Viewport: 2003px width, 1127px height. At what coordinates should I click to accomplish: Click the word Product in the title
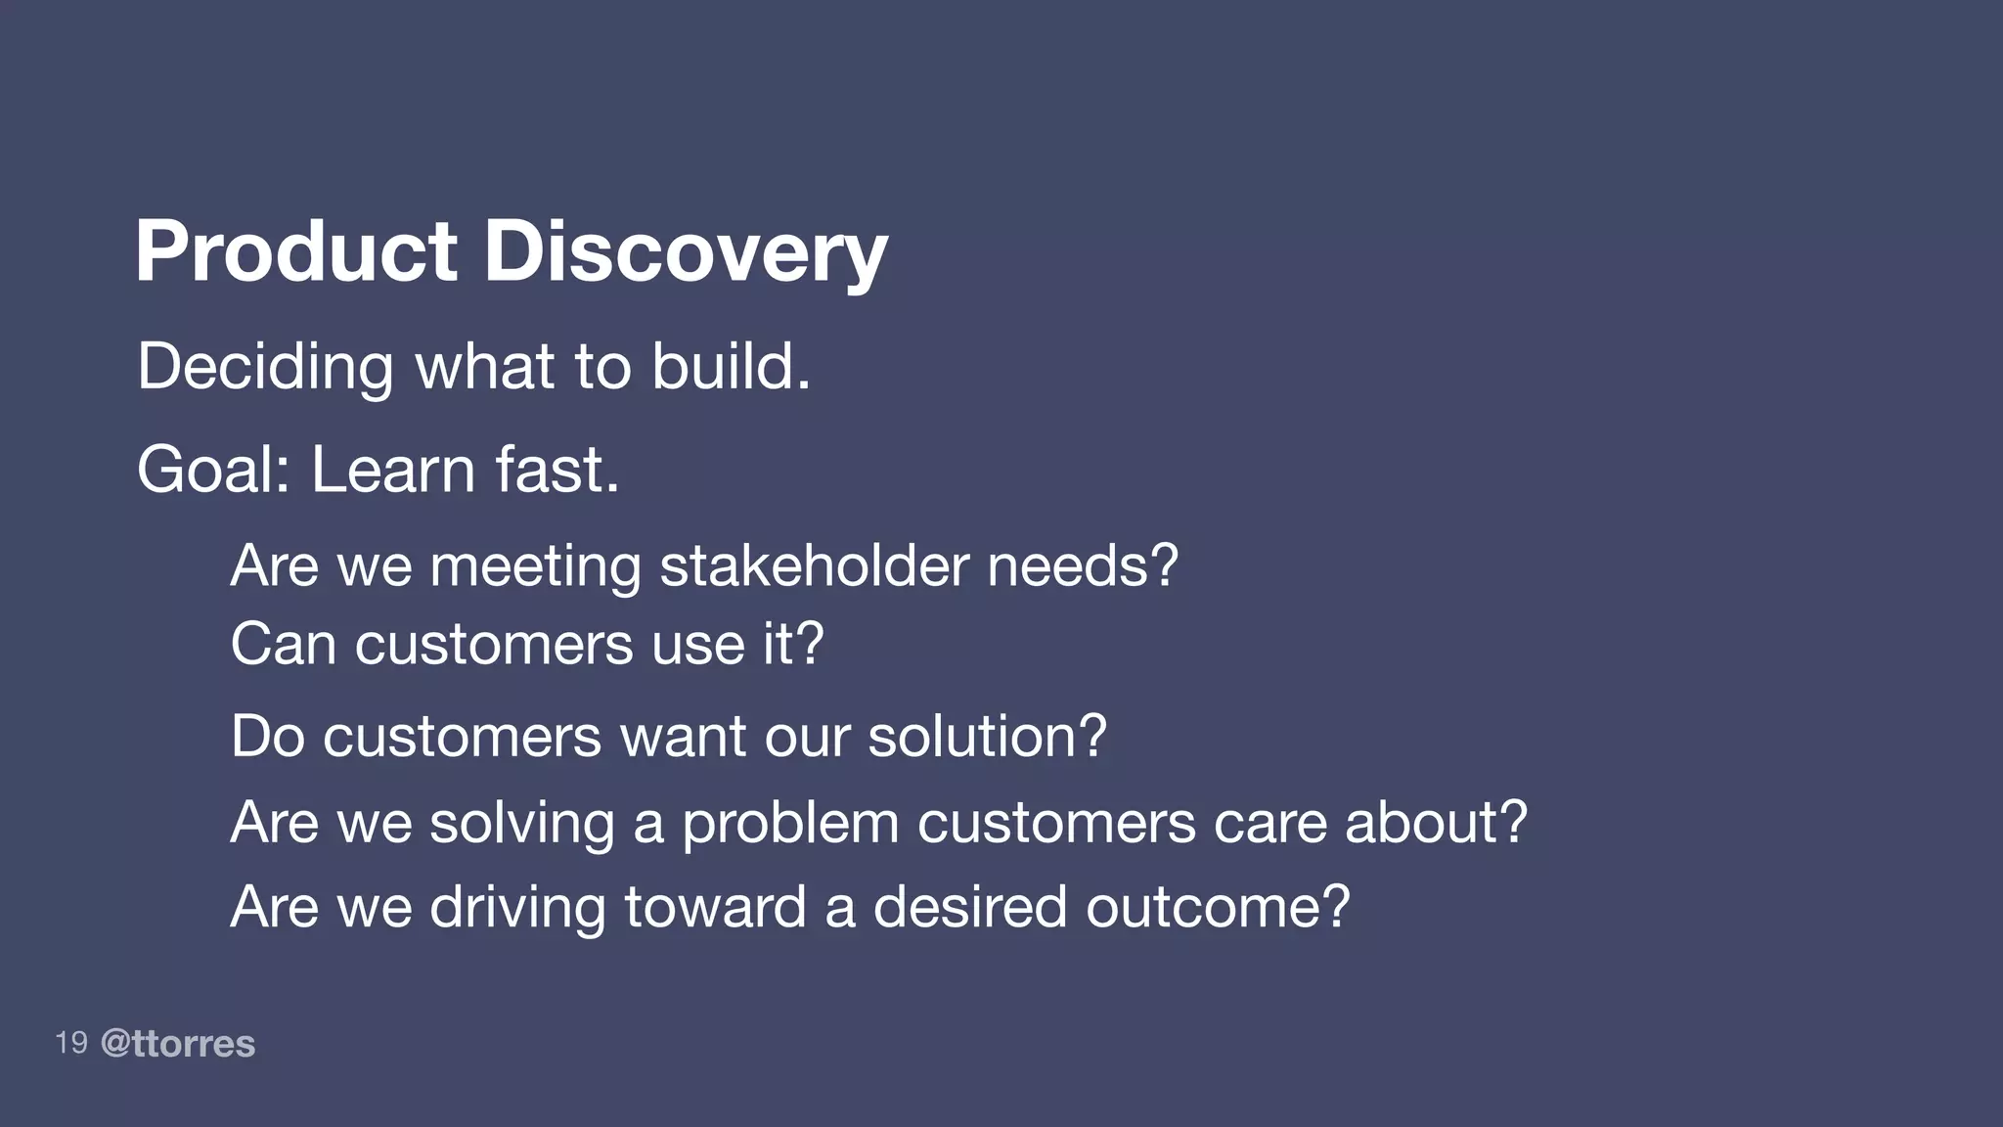point(295,251)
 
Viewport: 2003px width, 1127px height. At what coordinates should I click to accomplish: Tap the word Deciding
point(265,367)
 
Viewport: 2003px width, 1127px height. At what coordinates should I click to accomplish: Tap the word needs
point(1082,566)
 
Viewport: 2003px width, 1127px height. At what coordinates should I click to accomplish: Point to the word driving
point(517,907)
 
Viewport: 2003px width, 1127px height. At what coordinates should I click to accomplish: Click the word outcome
point(1217,907)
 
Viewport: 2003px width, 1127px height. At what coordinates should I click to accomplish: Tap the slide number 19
point(71,1043)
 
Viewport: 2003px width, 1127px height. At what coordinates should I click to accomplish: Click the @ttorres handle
point(178,1044)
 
